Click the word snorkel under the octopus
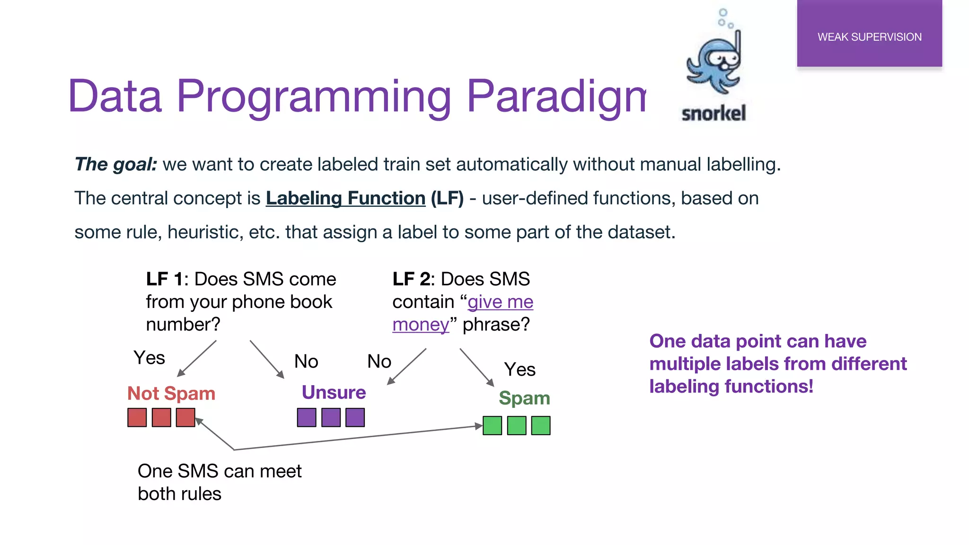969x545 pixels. (714, 114)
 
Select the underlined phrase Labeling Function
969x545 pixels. (345, 198)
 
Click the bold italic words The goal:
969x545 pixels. (116, 165)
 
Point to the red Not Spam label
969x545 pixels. (171, 394)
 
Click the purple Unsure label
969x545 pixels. (334, 393)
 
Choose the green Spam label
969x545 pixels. (524, 398)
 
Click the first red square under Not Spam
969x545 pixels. (137, 418)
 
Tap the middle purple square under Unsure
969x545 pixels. (331, 418)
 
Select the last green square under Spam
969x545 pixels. (541, 426)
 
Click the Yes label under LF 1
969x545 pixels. (149, 358)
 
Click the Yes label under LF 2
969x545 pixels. (520, 369)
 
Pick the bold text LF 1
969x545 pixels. (164, 279)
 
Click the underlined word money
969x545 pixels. (420, 325)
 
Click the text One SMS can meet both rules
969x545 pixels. (219, 482)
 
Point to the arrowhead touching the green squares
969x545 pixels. (478, 426)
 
